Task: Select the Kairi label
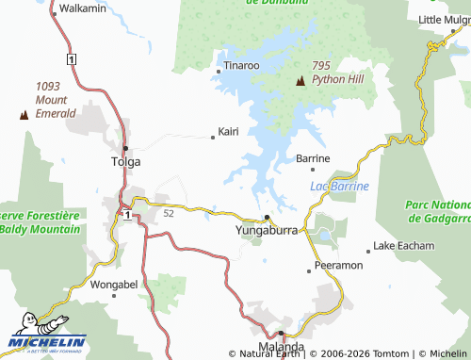pyautogui.click(x=228, y=131)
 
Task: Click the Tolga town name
pyautogui.click(x=126, y=161)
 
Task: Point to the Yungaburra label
pyautogui.click(x=266, y=229)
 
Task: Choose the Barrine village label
pyautogui.click(x=313, y=158)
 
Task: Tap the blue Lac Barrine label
pyautogui.click(x=339, y=186)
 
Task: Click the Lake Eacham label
pyautogui.click(x=404, y=246)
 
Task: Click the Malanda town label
pyautogui.click(x=282, y=347)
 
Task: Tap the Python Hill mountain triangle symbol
pyautogui.click(x=300, y=81)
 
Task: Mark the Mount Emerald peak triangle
pyautogui.click(x=24, y=115)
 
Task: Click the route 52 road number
pyautogui.click(x=169, y=214)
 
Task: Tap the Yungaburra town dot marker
pyautogui.click(x=267, y=217)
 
